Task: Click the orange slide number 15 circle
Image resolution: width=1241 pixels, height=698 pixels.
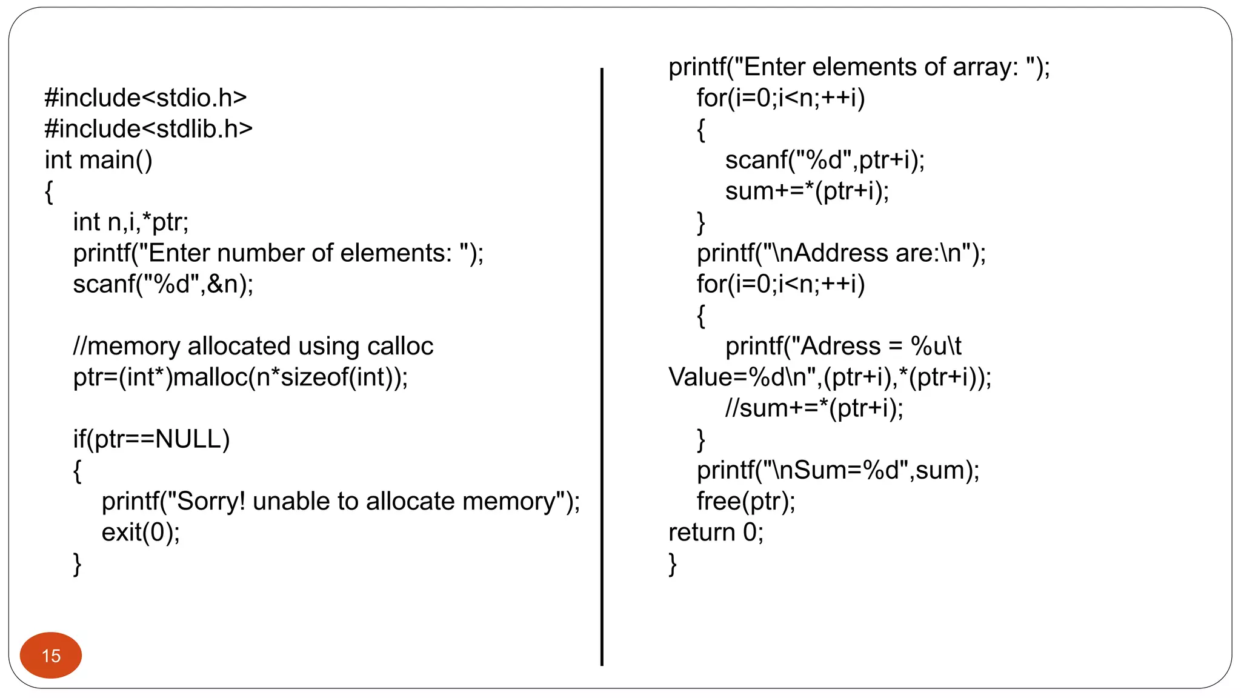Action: (x=51, y=655)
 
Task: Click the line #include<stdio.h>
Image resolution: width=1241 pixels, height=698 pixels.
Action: (x=145, y=98)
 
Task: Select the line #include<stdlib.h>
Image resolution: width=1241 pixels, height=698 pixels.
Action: (x=148, y=129)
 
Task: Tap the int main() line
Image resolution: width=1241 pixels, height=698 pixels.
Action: (x=98, y=160)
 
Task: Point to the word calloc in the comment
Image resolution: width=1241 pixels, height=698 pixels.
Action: (x=400, y=346)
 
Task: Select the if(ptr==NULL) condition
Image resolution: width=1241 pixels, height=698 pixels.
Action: (x=151, y=439)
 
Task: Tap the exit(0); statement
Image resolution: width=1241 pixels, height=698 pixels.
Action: (x=141, y=533)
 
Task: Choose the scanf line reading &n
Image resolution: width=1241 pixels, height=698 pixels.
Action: (x=163, y=284)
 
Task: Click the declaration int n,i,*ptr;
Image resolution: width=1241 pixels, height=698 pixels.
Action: (x=131, y=222)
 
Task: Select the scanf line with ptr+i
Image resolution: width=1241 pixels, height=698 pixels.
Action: (x=825, y=160)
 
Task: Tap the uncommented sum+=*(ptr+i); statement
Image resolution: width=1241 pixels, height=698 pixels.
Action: (x=807, y=191)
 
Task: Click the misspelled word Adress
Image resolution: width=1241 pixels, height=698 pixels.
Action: (x=840, y=347)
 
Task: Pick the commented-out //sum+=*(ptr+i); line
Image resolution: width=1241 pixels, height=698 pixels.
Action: (x=814, y=408)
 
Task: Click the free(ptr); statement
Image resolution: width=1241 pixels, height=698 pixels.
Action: (x=746, y=502)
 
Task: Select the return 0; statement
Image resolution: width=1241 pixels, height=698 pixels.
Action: (x=716, y=533)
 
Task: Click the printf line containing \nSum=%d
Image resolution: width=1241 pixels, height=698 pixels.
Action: (x=838, y=470)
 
